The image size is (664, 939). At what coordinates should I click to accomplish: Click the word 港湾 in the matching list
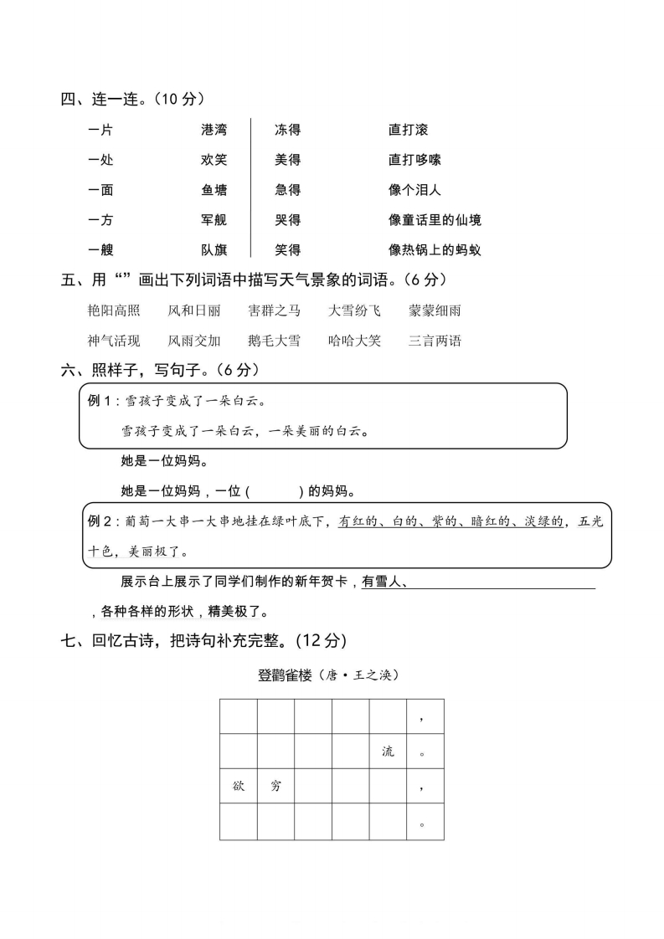pyautogui.click(x=214, y=130)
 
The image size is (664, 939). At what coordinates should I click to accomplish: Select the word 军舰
pyautogui.click(x=214, y=220)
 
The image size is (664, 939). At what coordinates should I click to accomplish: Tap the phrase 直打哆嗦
pyautogui.click(x=414, y=160)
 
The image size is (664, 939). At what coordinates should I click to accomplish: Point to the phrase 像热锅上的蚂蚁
pyautogui.click(x=435, y=250)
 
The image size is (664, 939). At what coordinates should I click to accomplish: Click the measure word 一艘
pyautogui.click(x=100, y=250)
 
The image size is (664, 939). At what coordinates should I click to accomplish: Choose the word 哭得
pyautogui.click(x=287, y=220)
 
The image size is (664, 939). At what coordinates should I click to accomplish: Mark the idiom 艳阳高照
pyautogui.click(x=114, y=311)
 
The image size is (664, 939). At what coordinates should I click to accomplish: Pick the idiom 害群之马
pyautogui.click(x=274, y=311)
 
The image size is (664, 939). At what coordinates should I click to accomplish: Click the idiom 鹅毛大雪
pyautogui.click(x=274, y=341)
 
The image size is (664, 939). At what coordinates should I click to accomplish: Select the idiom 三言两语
pyautogui.click(x=435, y=341)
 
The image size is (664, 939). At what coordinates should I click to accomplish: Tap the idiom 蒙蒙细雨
pyautogui.click(x=435, y=311)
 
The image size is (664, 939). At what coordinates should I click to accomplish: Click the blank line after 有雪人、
pyautogui.click(x=502, y=583)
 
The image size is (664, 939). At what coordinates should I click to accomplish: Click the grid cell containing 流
pyautogui.click(x=388, y=752)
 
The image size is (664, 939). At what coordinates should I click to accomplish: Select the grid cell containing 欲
pyautogui.click(x=239, y=787)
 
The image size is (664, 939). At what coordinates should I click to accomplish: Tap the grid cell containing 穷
pyautogui.click(x=275, y=787)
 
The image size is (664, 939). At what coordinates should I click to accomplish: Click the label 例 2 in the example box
pyautogui.click(x=100, y=521)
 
